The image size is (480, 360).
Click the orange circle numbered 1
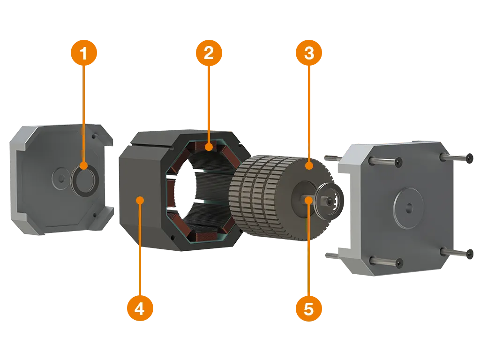coord(83,52)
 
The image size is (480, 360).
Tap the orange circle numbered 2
coord(209,52)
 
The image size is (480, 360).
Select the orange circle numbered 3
coord(309,52)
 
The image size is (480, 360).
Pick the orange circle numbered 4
coord(140,308)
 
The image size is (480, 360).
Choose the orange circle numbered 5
coord(309,308)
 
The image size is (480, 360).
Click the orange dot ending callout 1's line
coord(83,166)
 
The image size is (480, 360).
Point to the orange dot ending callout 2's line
coord(209,147)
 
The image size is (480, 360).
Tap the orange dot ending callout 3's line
coord(309,166)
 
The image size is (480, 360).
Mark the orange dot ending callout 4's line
coord(140,201)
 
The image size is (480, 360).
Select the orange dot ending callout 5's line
coord(309,201)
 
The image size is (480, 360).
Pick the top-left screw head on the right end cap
coord(398,162)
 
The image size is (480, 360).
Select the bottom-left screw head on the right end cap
coord(398,263)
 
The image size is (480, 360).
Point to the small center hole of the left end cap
coord(61,178)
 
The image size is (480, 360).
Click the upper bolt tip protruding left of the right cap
coord(332,158)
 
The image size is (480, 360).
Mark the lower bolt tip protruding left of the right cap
coord(331,255)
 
